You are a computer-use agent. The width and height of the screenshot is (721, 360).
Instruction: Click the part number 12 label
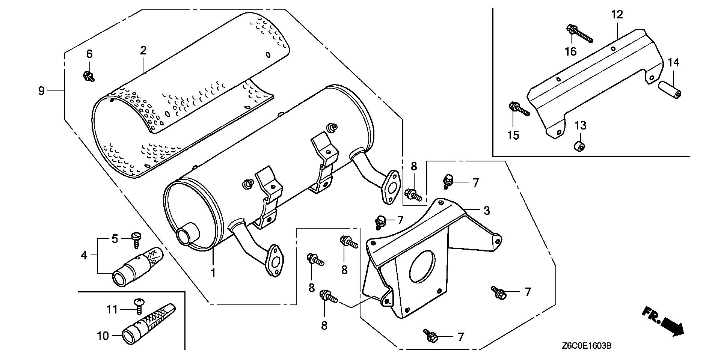[x=617, y=15]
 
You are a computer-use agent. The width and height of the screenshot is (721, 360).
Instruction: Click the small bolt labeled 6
[x=89, y=76]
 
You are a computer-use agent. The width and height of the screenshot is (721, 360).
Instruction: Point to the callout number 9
[x=42, y=90]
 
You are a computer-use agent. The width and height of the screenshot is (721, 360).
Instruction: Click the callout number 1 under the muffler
[x=213, y=273]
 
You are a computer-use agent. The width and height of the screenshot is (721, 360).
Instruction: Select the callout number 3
[x=486, y=211]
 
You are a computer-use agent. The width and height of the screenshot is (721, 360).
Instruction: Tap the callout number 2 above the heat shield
[x=143, y=51]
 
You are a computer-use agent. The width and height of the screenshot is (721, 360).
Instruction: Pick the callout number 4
[x=84, y=255]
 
